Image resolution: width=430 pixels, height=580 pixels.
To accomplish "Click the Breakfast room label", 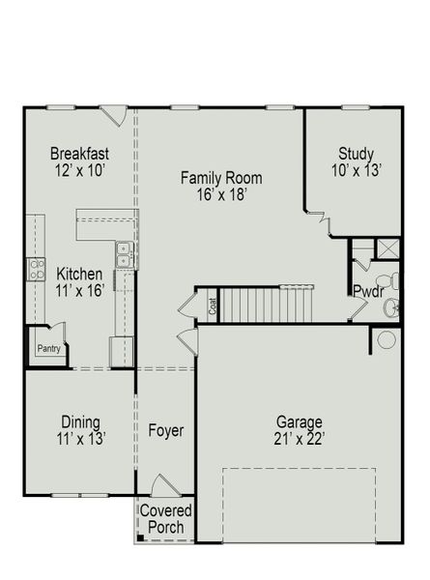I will [78, 154].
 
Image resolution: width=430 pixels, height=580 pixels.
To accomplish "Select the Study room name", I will [357, 153].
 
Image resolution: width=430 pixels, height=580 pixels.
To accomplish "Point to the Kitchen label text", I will [74, 274].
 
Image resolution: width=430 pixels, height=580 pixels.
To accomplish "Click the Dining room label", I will [79, 421].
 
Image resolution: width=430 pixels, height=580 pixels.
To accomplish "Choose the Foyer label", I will [166, 430].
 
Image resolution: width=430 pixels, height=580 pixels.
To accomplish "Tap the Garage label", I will [300, 421].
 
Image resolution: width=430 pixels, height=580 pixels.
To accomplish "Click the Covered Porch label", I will [166, 519].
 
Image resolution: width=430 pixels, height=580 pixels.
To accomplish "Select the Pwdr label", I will [368, 291].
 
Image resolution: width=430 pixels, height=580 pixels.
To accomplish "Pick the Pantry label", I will [47, 349].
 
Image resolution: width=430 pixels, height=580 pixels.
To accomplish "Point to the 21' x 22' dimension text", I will [300, 438].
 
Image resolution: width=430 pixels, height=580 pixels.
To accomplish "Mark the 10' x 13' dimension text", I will [357, 170].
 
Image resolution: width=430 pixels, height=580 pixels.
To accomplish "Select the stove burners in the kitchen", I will [36, 269].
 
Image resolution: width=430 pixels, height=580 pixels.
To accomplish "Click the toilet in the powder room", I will [391, 307].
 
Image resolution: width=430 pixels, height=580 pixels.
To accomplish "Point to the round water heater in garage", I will [386, 340].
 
